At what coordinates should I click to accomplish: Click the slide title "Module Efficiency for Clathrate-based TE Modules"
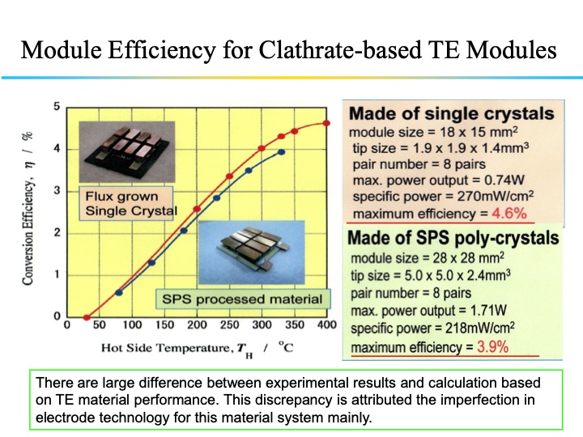coord(288,50)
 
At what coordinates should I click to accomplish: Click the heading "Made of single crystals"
coord(451,113)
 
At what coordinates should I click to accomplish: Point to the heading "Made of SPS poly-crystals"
coord(453,238)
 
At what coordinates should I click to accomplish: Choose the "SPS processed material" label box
coord(242,299)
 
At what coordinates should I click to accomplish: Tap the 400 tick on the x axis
coord(326,326)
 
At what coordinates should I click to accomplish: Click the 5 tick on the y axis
coord(57,107)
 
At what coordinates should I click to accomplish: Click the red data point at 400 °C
coord(326,123)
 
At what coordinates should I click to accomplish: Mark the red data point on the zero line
coord(87,316)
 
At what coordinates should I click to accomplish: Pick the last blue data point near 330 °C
coord(281,151)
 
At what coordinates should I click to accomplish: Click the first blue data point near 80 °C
coord(119,292)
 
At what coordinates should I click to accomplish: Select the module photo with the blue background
coord(240,254)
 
